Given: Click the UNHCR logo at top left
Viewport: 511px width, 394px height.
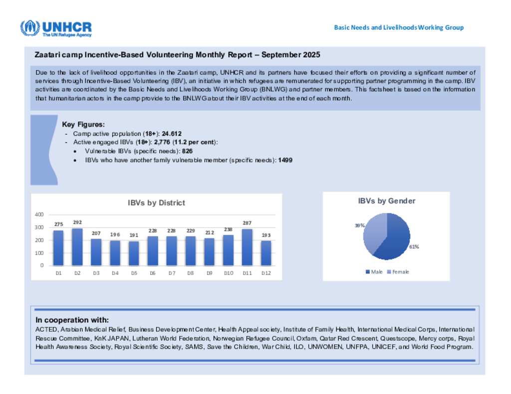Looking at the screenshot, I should pyautogui.click(x=56, y=28).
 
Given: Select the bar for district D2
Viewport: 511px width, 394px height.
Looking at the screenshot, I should pyautogui.click(x=77, y=247).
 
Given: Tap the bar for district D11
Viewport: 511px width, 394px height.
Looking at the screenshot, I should pyautogui.click(x=247, y=247).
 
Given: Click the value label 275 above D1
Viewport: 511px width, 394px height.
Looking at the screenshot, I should pyautogui.click(x=58, y=225).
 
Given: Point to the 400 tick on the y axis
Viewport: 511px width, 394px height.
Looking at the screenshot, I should pyautogui.click(x=38, y=214).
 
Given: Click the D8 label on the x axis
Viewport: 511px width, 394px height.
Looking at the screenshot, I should pyautogui.click(x=190, y=272).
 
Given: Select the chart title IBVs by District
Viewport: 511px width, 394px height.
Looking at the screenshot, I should pyautogui.click(x=156, y=203).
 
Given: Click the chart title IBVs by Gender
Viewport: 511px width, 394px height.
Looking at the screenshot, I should pyautogui.click(x=386, y=201).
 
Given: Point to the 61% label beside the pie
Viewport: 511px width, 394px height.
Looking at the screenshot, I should pyautogui.click(x=414, y=246).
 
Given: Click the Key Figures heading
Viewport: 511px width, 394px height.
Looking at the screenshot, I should pyautogui.click(x=83, y=125).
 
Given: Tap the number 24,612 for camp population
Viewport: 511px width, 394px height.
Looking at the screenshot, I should pyautogui.click(x=172, y=134).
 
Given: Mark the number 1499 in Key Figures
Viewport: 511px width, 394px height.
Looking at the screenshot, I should pyautogui.click(x=285, y=160).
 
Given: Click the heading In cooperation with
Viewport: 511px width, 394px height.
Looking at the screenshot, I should pyautogui.click(x=72, y=320).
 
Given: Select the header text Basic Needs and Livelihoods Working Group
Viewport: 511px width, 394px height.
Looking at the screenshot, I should pyautogui.click(x=399, y=27).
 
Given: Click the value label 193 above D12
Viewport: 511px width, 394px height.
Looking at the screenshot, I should pyautogui.click(x=266, y=235).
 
